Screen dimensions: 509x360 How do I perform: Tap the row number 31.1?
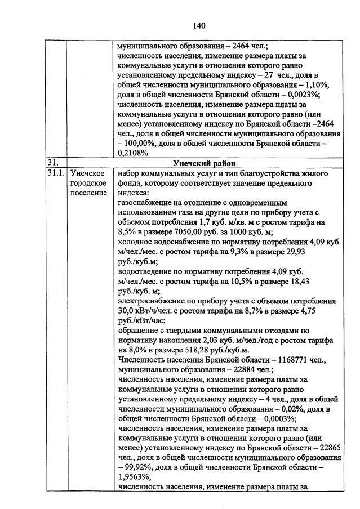[x=56, y=173]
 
